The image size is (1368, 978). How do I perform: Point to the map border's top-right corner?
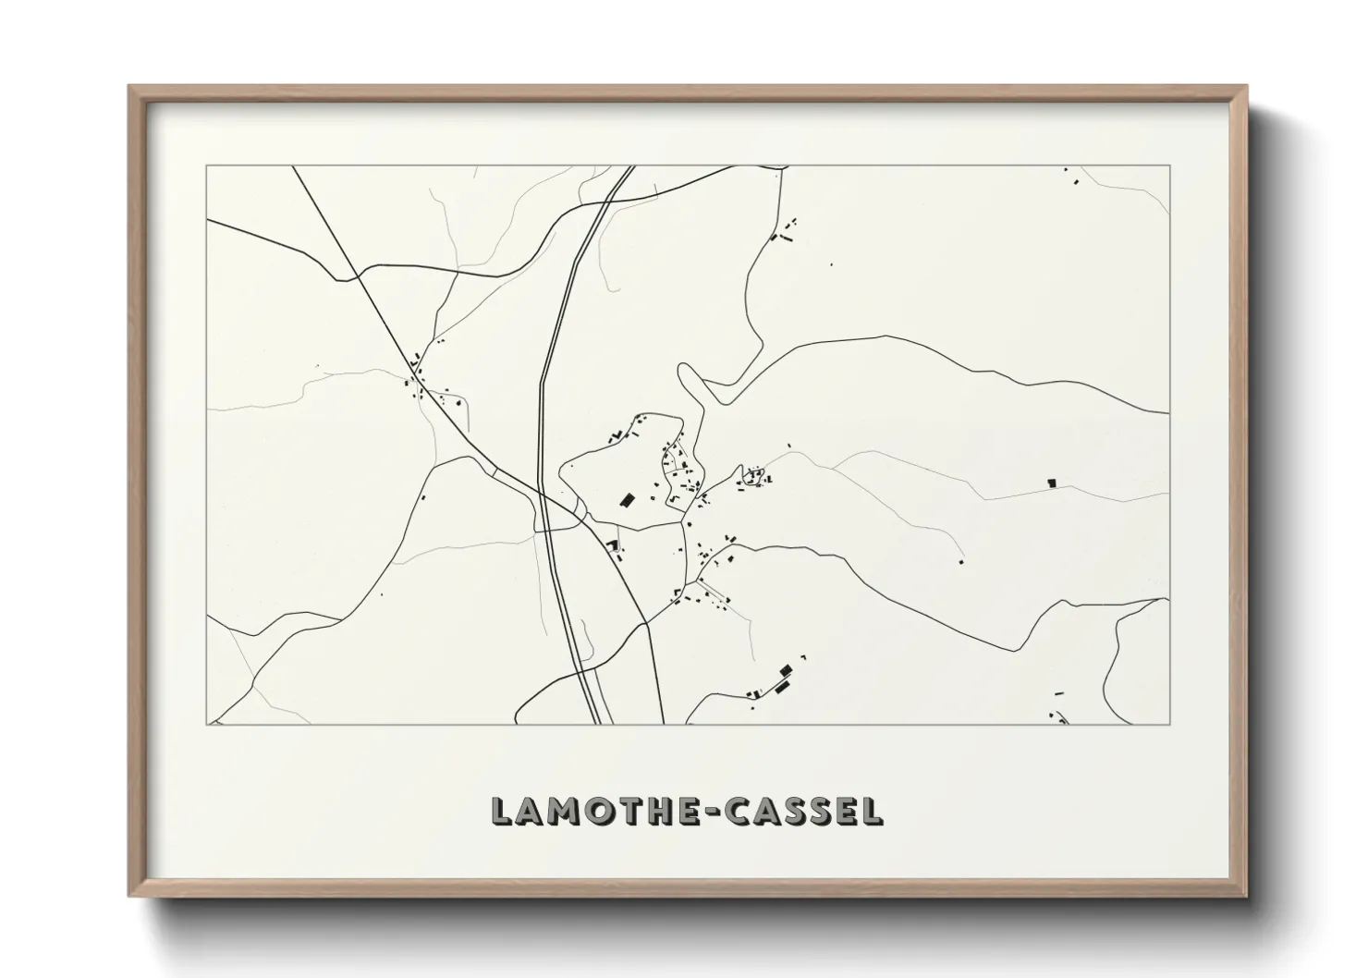(x=1169, y=166)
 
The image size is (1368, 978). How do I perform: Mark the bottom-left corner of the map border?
(x=207, y=724)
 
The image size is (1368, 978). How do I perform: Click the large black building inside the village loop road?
(x=627, y=500)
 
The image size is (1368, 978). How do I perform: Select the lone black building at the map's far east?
(x=1051, y=483)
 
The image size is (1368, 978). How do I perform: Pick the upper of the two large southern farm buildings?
(x=787, y=670)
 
